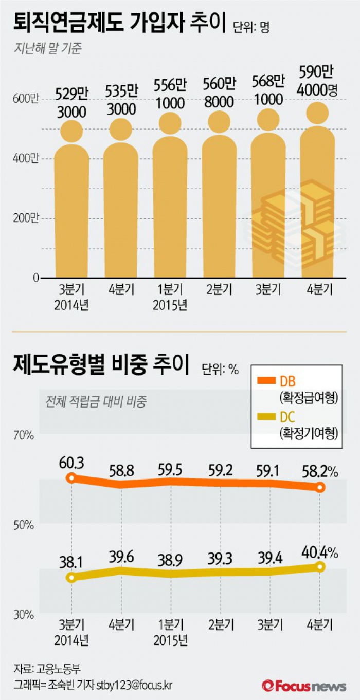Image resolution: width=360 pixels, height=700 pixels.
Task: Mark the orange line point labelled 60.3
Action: (71, 478)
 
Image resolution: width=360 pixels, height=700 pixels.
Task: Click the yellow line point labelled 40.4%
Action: (320, 566)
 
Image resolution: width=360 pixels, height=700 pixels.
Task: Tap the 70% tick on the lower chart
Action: (24, 435)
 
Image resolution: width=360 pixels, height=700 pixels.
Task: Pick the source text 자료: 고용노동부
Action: (47, 668)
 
